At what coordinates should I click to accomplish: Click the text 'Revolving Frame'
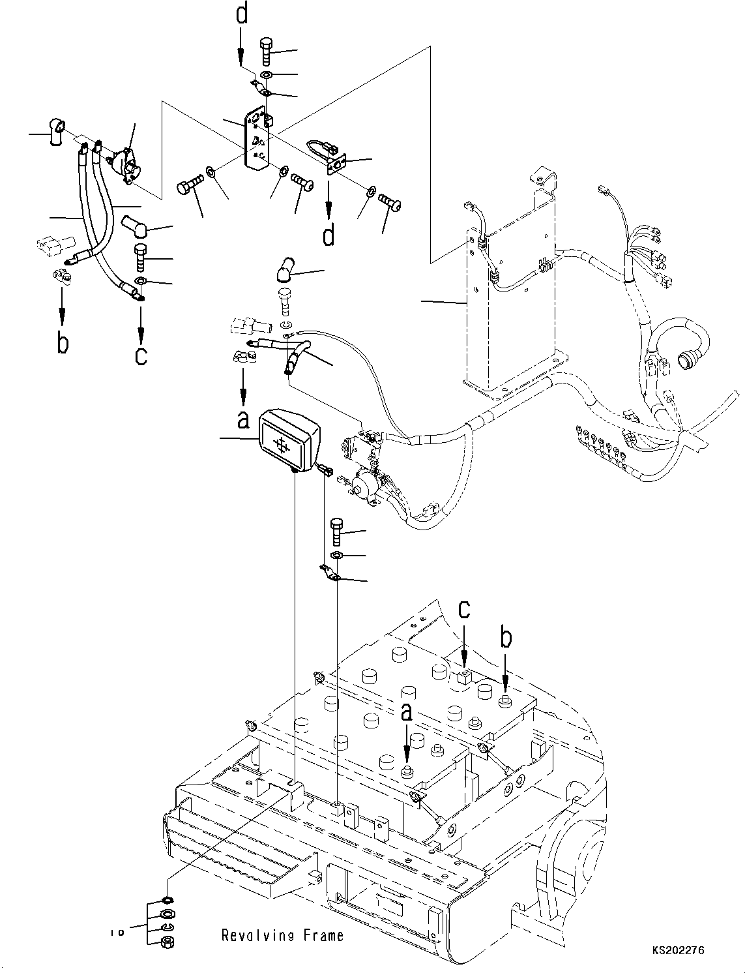click(282, 936)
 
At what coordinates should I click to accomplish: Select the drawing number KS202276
click(675, 951)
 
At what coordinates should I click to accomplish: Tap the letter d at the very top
click(242, 14)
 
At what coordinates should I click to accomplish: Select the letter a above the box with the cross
click(243, 420)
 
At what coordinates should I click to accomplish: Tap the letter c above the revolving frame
click(463, 610)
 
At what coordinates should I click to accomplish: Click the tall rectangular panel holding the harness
click(510, 307)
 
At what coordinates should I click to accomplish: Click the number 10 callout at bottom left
click(117, 933)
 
